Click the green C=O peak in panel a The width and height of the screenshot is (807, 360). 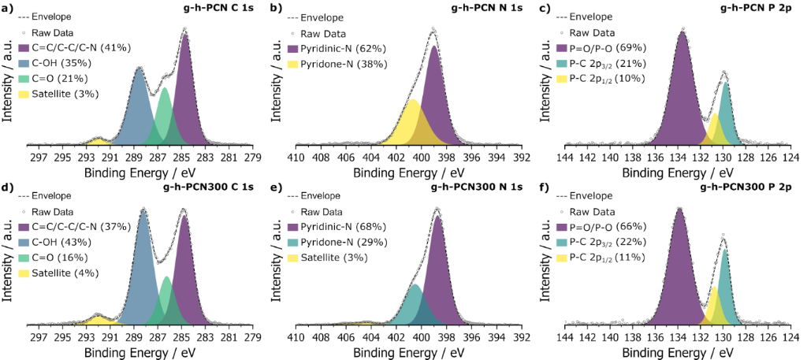[164, 118]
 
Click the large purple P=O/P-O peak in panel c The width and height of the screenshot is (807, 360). [683, 95]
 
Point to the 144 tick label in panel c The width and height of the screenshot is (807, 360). [565, 156]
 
